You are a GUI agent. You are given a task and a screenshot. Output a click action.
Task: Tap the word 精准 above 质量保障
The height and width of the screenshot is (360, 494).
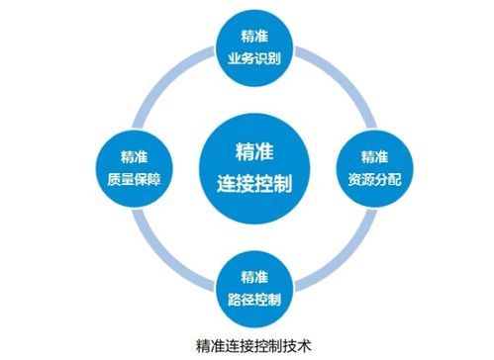click(129, 155)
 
